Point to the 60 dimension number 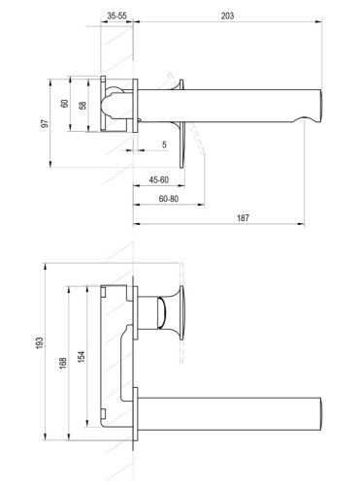pos(64,104)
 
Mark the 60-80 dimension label pos(167,199)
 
